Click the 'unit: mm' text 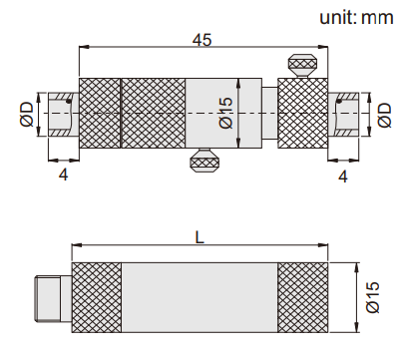(x=356, y=17)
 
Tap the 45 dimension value (x=202, y=40)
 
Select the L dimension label (x=200, y=238)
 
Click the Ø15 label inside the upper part (x=226, y=113)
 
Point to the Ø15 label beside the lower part (x=373, y=297)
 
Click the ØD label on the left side (x=27, y=115)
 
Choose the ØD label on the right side (x=385, y=115)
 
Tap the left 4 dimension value (x=64, y=175)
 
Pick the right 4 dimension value (x=343, y=177)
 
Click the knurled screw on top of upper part (x=302, y=65)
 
